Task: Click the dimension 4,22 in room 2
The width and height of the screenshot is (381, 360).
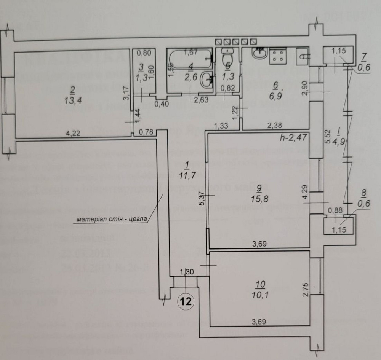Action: pyautogui.click(x=74, y=134)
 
